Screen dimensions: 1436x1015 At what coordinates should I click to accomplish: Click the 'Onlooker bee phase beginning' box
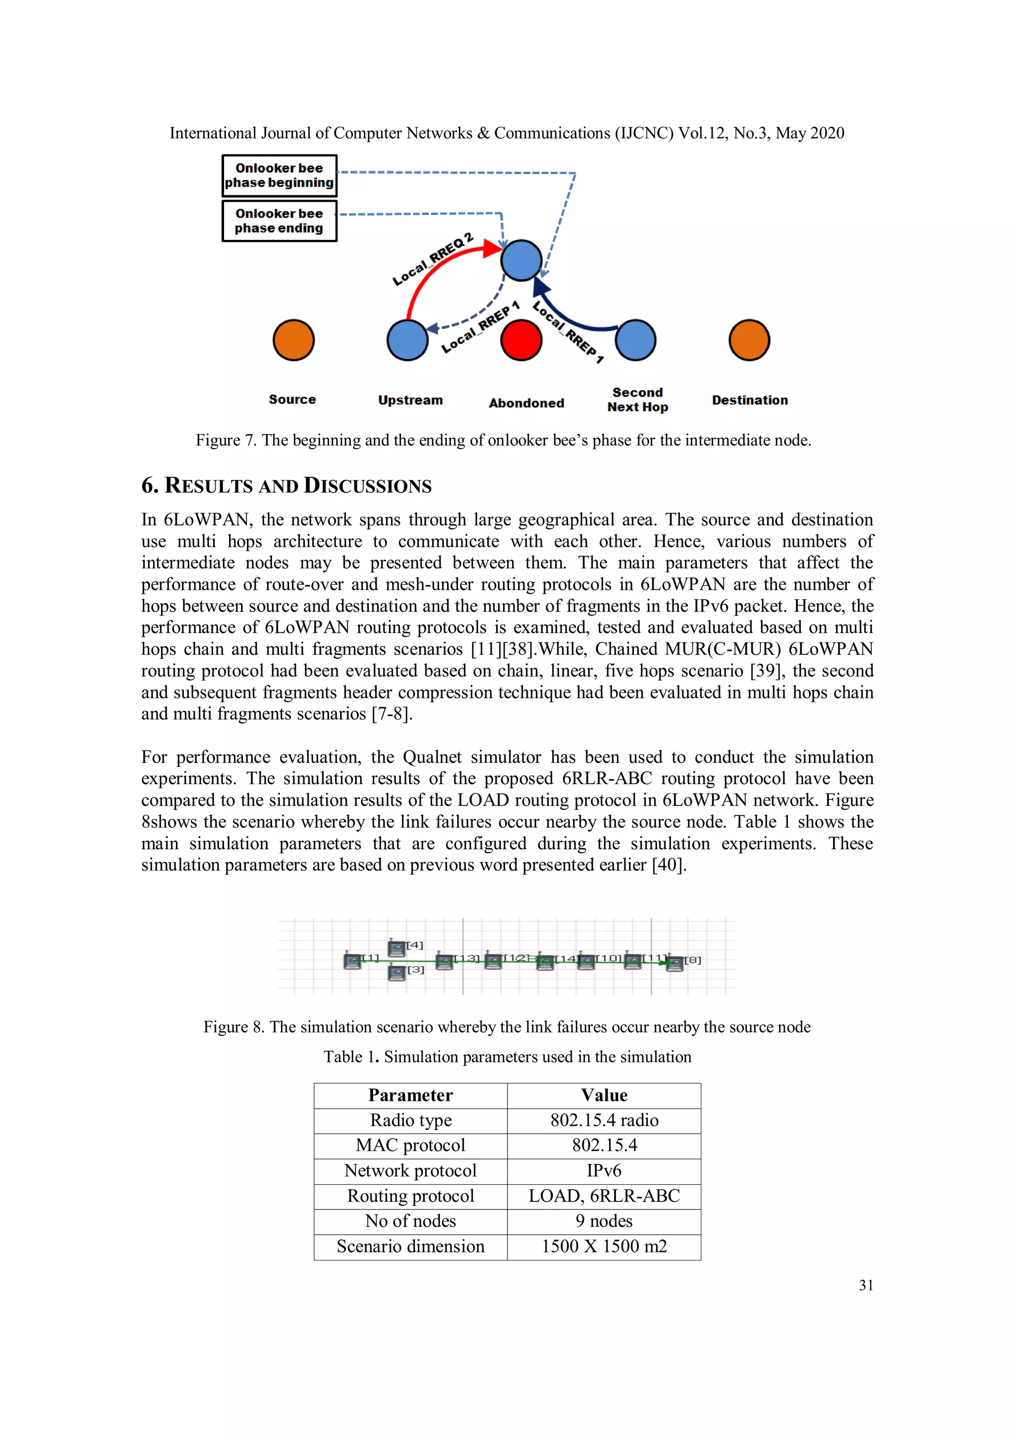279,176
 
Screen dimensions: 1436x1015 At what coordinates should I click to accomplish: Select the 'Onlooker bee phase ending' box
279,221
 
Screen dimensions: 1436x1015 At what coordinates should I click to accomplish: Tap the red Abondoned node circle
521,340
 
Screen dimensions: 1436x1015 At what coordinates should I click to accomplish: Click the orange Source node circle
293,340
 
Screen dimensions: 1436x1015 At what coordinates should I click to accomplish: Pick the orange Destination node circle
749,340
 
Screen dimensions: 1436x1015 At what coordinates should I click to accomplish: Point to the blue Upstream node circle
407,340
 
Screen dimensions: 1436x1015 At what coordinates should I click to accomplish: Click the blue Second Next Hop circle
635,340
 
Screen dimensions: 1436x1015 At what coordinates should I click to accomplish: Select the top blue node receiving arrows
521,260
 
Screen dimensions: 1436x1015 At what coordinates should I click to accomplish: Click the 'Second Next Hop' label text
637,400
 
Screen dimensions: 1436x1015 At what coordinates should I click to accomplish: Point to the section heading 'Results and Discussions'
286,486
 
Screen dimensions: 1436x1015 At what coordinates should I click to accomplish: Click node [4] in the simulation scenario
396,948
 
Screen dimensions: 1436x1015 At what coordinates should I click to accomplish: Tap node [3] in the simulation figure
396,973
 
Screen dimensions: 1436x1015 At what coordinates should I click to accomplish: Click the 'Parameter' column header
410,1095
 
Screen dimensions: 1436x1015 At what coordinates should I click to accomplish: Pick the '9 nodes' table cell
604,1221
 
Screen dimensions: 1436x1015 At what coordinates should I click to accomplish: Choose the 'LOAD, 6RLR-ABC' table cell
604,1196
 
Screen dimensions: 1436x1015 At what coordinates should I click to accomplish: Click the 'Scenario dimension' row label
410,1247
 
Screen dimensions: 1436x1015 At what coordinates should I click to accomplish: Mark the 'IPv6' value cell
604,1171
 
